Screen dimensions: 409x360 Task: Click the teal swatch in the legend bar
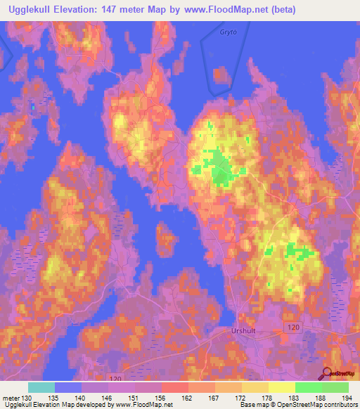tap(41, 387)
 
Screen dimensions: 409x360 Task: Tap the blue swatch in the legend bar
tap(68, 387)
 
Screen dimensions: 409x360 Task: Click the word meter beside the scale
tap(9, 398)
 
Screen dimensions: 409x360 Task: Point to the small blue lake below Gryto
tap(221, 75)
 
